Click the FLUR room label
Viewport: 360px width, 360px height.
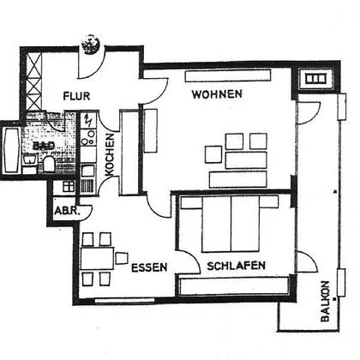pos(76,96)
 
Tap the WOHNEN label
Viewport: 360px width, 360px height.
pos(217,94)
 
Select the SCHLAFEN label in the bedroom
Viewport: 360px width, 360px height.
pos(237,266)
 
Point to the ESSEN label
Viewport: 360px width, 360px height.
pos(149,267)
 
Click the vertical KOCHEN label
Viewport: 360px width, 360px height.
pos(110,154)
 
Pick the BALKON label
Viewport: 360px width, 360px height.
pos(325,302)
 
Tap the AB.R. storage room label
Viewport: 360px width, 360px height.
pos(67,211)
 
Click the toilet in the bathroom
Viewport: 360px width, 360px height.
pos(49,165)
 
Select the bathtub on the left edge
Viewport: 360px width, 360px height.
pos(11,150)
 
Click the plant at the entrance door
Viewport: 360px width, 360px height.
pos(91,44)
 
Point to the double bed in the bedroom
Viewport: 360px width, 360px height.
pos(231,224)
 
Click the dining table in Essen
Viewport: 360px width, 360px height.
pos(97,259)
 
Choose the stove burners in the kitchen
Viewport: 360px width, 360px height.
pos(87,137)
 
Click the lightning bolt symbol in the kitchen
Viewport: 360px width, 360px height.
pos(88,121)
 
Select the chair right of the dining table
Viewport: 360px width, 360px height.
pos(122,258)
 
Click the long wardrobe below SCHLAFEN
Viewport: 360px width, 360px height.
pos(234,285)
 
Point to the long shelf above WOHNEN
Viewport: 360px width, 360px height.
pos(228,76)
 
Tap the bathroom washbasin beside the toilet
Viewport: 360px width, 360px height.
pos(30,160)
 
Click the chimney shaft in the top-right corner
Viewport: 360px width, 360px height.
pos(315,79)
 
